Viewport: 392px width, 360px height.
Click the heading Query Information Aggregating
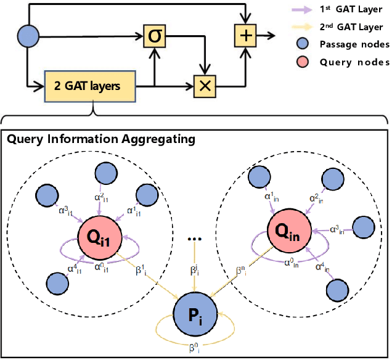pyautogui.click(x=100, y=139)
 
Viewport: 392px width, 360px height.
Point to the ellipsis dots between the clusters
pyautogui.click(x=195, y=237)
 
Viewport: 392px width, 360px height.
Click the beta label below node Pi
pyautogui.click(x=195, y=349)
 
